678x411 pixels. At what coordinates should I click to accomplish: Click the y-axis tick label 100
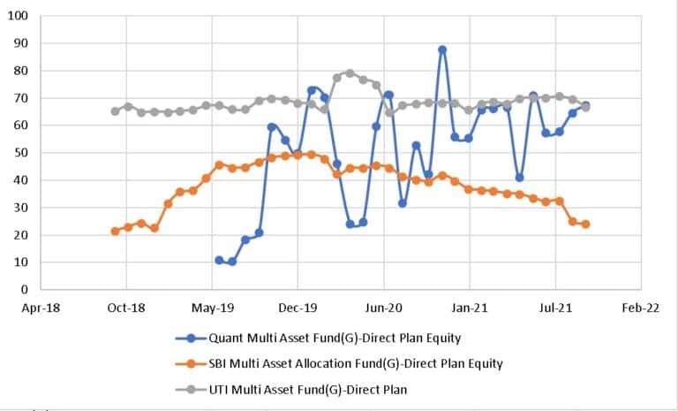coord(19,16)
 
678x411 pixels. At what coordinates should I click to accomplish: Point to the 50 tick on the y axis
coord(21,153)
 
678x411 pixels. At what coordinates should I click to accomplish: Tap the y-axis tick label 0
coord(25,290)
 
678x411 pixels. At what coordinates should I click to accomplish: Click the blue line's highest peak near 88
coord(441,49)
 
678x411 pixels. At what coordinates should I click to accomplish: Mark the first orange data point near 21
coord(115,231)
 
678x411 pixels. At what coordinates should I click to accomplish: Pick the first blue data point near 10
coord(219,260)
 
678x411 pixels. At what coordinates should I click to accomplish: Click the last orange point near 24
coord(585,224)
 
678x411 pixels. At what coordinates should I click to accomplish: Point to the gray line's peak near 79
coord(350,73)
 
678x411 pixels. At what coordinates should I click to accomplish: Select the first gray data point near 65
coord(115,111)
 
